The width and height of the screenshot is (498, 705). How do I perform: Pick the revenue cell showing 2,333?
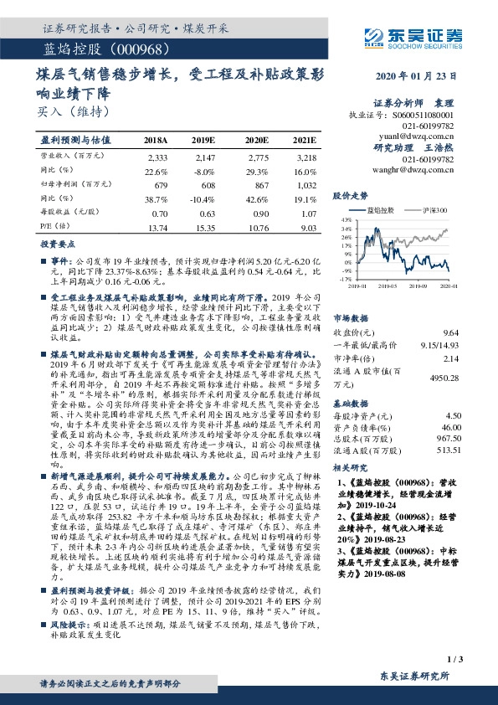[x=157, y=157]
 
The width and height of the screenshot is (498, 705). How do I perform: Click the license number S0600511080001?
[x=429, y=115]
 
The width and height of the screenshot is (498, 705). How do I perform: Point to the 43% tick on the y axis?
[x=345, y=220]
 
